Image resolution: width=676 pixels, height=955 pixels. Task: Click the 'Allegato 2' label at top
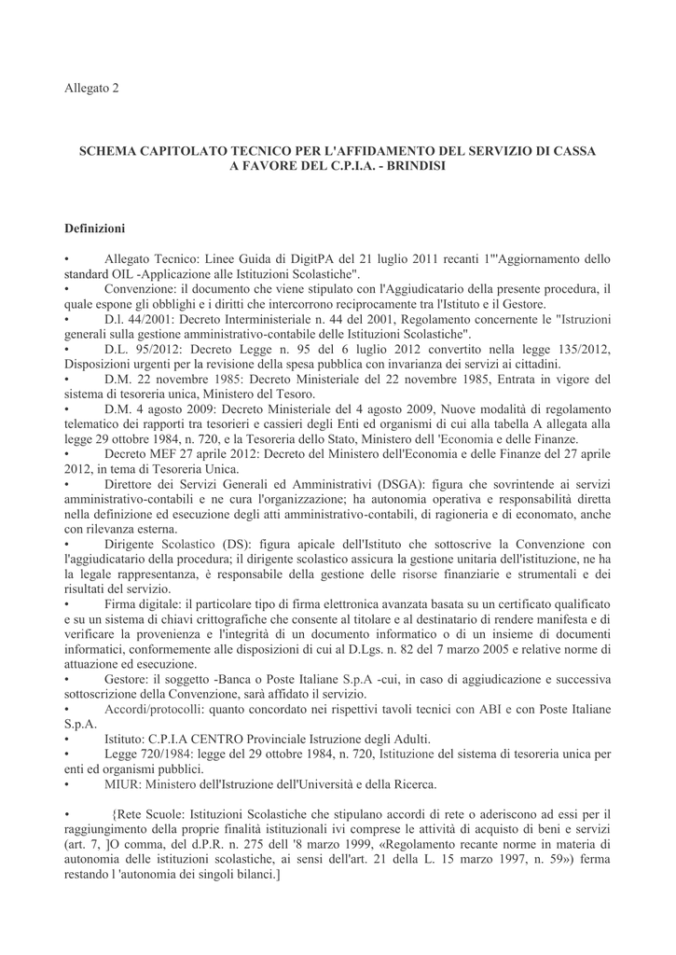[91, 89]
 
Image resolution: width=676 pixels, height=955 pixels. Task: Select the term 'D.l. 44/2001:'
[142, 319]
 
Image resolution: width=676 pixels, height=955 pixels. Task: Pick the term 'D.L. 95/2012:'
[143, 349]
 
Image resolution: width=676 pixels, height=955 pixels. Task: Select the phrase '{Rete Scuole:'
[151, 814]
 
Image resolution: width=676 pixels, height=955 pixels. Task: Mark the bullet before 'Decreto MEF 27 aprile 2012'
[67, 453]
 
